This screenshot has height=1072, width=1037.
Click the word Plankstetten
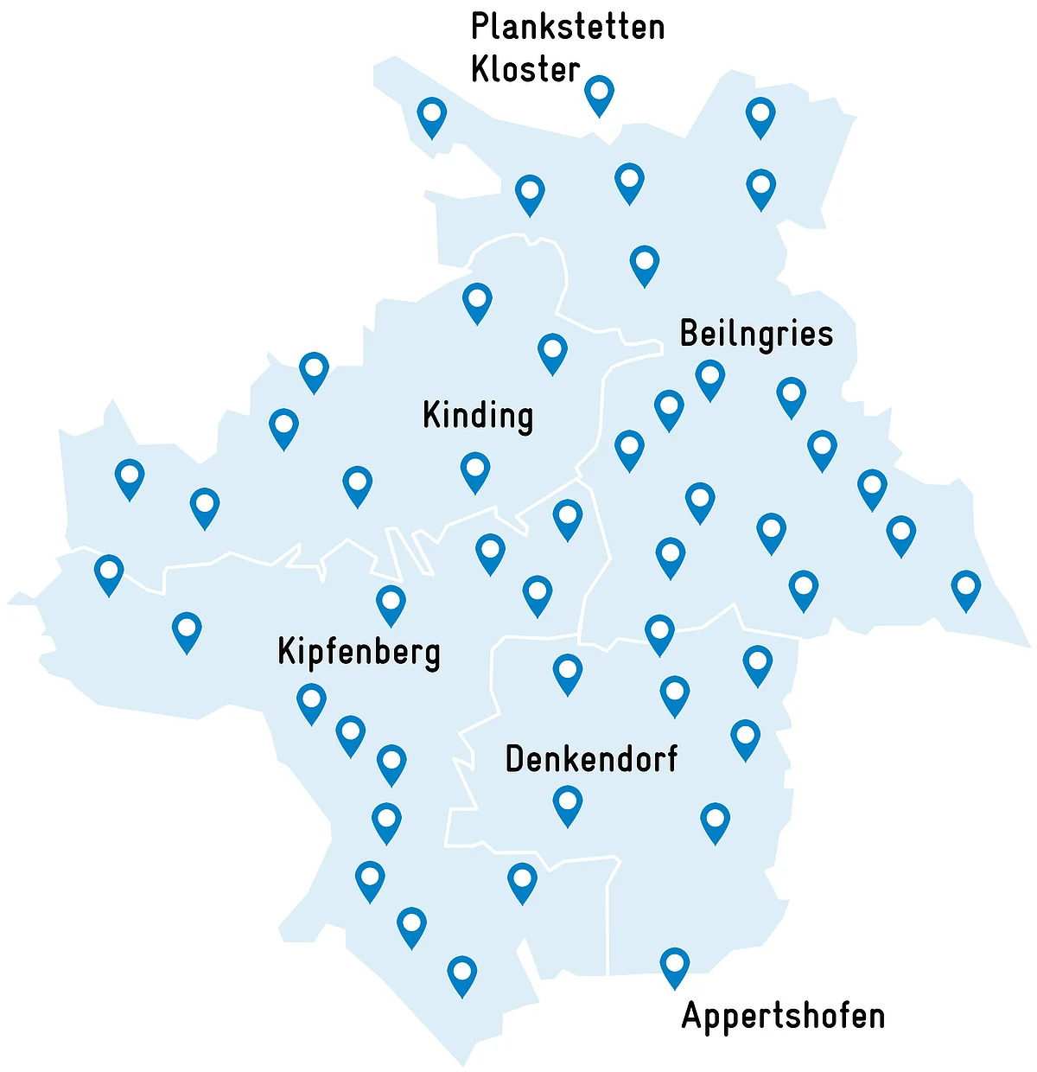(x=568, y=28)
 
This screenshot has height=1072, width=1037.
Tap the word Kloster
(x=525, y=69)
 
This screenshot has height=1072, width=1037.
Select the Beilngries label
(x=756, y=334)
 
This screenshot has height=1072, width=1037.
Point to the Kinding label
(x=478, y=416)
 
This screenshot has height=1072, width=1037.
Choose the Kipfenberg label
(x=359, y=652)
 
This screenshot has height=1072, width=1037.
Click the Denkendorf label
(x=591, y=759)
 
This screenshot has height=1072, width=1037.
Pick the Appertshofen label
(x=783, y=1016)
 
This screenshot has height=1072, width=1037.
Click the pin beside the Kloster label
(x=599, y=93)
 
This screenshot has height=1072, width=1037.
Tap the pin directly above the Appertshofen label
(x=674, y=966)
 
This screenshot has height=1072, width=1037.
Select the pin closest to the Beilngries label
(x=709, y=378)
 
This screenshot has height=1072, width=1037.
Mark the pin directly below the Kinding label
(x=475, y=470)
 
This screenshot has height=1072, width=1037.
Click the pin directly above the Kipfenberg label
(x=391, y=603)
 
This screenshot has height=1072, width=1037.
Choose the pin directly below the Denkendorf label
(x=567, y=804)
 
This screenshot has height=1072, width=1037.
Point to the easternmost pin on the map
(x=965, y=589)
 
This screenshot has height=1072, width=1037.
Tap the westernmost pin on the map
(x=109, y=573)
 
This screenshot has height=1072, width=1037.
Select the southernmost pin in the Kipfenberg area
(x=462, y=974)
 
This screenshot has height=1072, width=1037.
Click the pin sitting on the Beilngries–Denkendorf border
(x=659, y=633)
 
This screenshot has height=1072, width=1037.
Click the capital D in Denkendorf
(x=515, y=759)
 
